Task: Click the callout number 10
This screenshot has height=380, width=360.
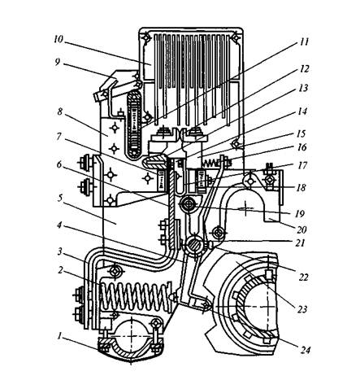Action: pos(59,40)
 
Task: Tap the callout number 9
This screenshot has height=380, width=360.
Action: pos(57,62)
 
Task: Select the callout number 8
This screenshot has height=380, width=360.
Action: pos(60,111)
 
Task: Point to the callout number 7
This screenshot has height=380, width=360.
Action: pos(59,136)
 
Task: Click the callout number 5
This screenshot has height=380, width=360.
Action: pos(60,199)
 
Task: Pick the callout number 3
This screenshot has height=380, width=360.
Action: pos(60,252)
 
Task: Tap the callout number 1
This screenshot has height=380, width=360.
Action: pos(59,336)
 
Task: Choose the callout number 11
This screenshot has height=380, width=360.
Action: pos(304,42)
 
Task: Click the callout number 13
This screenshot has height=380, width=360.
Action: pos(304,88)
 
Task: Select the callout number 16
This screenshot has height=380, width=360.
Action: pos(301,147)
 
